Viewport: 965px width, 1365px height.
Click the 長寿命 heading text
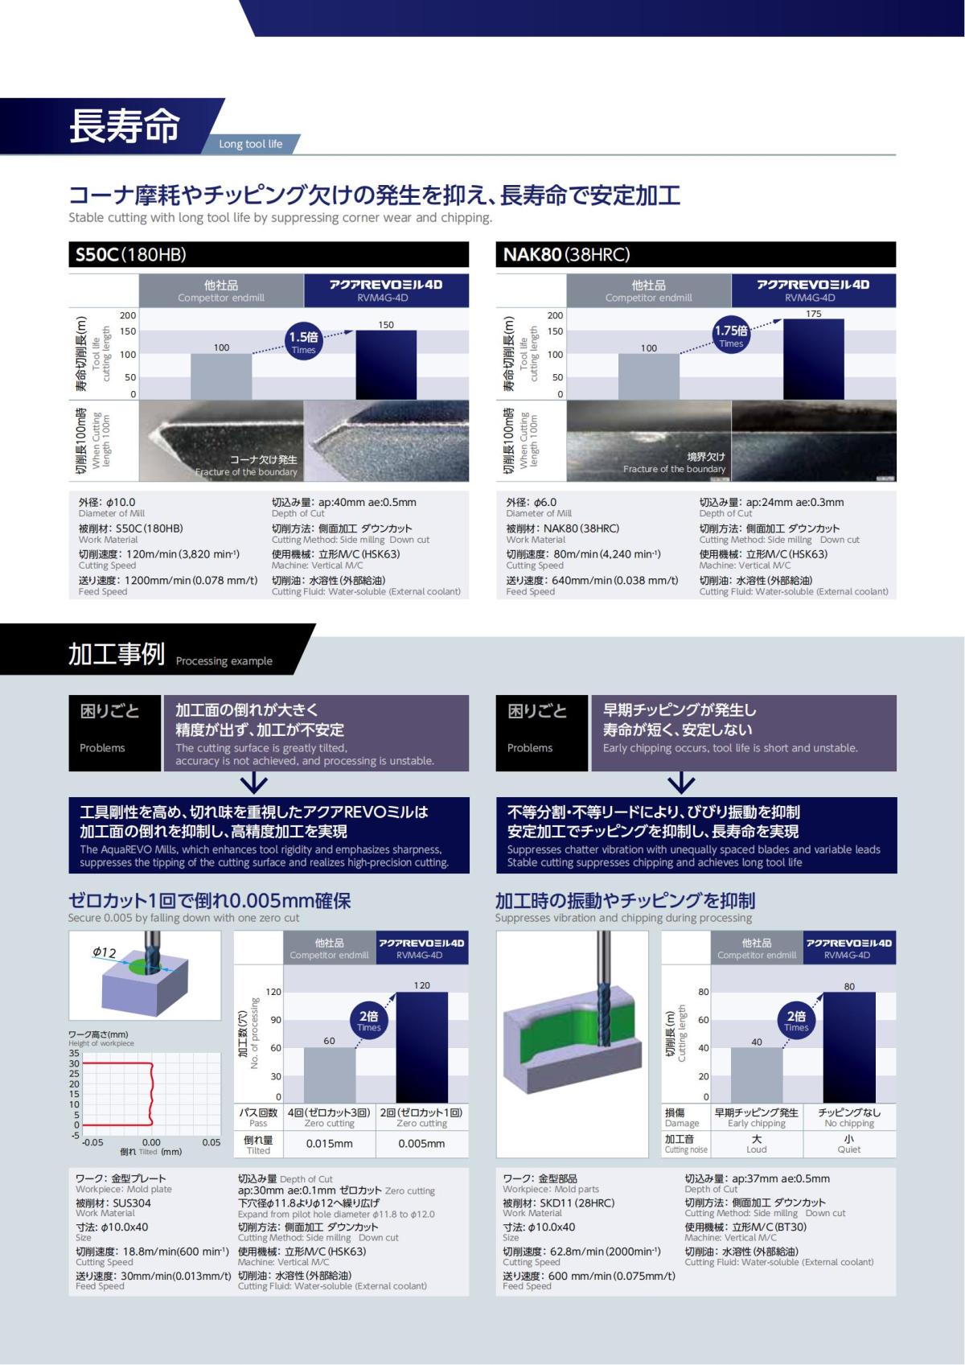[125, 126]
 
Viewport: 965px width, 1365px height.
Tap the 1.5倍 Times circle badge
[303, 342]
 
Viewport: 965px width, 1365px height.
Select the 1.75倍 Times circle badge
[731, 335]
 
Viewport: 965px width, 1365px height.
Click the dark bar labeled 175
[813, 359]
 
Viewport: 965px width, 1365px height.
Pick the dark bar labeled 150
[386, 365]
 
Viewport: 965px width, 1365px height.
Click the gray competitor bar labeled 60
[329, 1075]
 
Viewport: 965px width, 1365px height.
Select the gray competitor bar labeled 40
[756, 1075]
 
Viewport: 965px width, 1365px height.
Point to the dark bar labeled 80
[849, 1047]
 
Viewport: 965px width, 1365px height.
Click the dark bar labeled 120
[421, 1047]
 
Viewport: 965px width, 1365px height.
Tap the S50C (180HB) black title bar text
[131, 255]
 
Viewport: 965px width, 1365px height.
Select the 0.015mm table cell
[329, 1144]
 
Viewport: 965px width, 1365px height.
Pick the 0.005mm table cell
[421, 1144]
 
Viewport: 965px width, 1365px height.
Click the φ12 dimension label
[105, 952]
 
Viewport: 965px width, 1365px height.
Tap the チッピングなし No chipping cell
[849, 1117]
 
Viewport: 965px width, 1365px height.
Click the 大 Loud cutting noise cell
[756, 1144]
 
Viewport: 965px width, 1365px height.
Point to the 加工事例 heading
[117, 654]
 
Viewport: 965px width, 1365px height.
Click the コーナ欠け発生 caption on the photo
[263, 459]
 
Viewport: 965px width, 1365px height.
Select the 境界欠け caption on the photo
[706, 456]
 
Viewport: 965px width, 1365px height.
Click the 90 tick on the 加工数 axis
[276, 1020]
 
